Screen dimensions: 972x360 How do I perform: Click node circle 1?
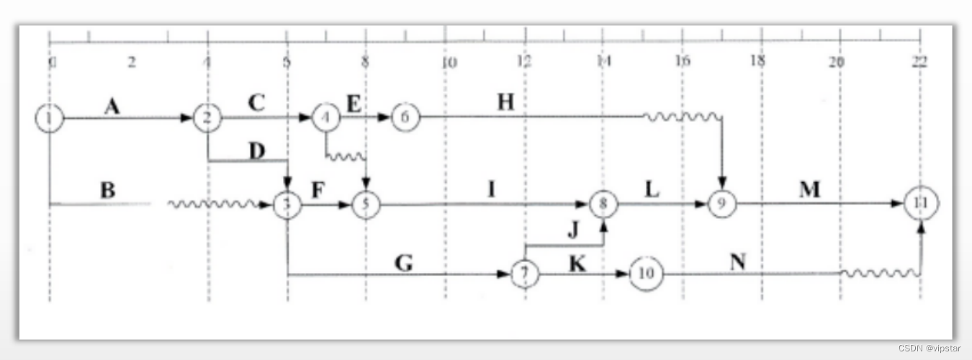(49, 118)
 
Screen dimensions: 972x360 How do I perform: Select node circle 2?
(207, 118)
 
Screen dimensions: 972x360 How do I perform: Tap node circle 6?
(405, 118)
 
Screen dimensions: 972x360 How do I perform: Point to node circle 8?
(603, 204)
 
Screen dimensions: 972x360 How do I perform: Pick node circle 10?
(646, 275)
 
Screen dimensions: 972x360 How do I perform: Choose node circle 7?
(525, 275)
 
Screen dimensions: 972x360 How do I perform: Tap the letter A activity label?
(112, 107)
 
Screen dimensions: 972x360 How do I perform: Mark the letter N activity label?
(737, 262)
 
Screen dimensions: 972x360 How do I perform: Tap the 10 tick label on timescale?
(448, 63)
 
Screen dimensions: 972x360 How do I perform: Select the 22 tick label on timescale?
(919, 63)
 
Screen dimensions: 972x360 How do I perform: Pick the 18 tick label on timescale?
(757, 63)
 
